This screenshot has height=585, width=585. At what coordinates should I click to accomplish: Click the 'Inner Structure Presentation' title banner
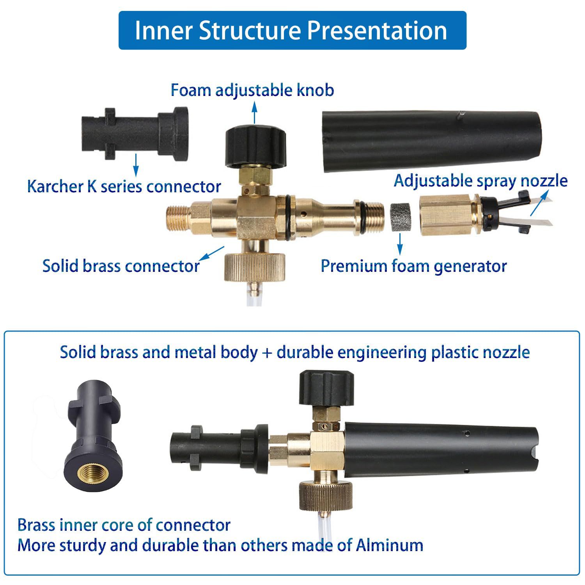(292, 30)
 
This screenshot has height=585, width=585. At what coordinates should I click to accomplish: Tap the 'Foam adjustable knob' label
(252, 90)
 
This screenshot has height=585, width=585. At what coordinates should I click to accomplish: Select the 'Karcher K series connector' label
(124, 186)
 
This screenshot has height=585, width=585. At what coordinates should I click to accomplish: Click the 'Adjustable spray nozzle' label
(480, 181)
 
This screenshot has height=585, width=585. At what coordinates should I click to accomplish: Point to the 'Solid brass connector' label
(121, 266)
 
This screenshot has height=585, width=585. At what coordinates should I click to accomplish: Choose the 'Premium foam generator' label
(413, 266)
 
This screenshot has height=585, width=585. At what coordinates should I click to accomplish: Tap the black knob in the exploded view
(256, 144)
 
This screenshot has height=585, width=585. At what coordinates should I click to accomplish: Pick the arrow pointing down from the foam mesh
(400, 245)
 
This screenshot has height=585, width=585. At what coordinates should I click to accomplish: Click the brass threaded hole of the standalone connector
(94, 473)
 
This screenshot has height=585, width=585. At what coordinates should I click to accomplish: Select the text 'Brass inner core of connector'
(124, 525)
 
